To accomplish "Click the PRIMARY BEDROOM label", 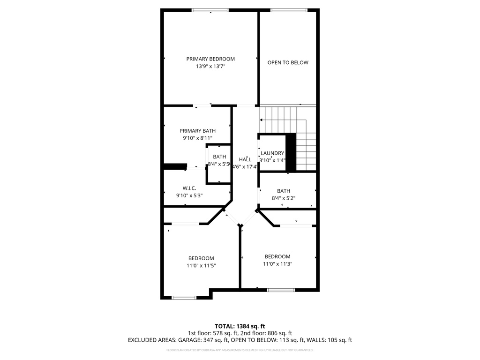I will tap(210, 59).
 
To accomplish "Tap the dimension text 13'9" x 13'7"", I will tap(210, 67).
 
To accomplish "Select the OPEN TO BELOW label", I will tap(288, 62).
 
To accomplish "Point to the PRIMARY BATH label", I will tap(197, 131).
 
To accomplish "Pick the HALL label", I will tap(245, 159).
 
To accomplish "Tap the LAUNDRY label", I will tap(272, 153).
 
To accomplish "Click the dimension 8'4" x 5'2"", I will tap(283, 198).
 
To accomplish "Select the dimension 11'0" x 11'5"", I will tap(201, 266).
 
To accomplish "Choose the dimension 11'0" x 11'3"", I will tap(277, 264).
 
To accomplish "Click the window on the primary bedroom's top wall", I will tap(210, 10).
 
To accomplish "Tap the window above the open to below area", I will tap(289, 10).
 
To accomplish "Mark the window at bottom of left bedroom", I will tap(184, 297).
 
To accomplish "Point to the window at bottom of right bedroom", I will tap(281, 290).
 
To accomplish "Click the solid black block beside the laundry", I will tap(291, 152).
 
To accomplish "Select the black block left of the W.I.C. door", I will tap(174, 166).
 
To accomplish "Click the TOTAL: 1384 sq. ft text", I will tap(240, 326).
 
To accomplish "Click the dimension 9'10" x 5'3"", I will tap(189, 195).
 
